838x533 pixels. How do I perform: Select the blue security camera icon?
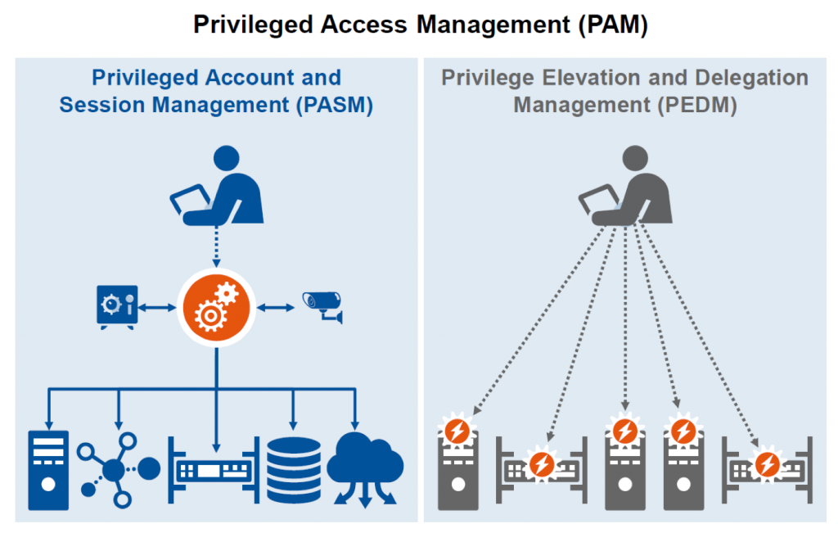[322, 306]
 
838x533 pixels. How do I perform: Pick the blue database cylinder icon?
[294, 471]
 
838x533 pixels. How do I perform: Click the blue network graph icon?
[118, 468]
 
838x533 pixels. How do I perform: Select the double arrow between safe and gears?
[158, 307]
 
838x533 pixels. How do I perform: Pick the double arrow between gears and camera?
[276, 307]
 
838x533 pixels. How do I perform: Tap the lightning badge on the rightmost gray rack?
[766, 463]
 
